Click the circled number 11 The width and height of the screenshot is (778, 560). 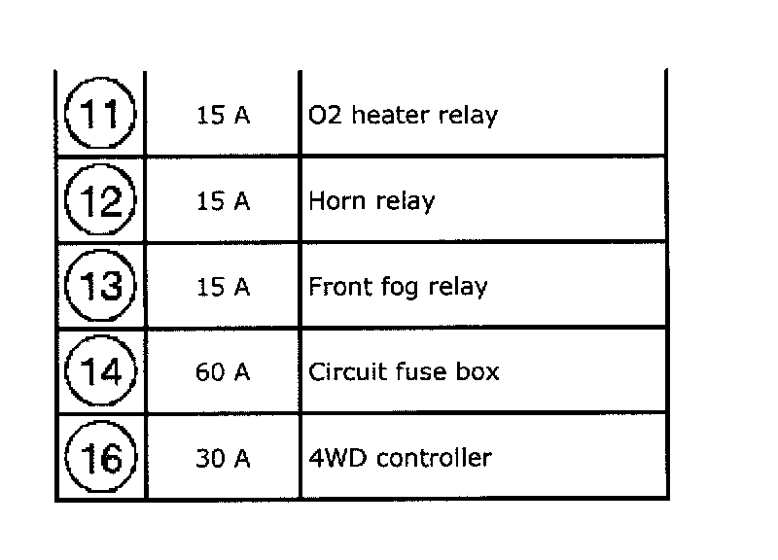(x=102, y=115)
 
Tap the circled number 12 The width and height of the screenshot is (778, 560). (x=102, y=201)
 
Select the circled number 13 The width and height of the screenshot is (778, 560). (x=102, y=287)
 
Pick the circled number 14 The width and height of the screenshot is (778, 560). (x=102, y=372)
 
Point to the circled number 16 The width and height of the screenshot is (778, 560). (x=102, y=457)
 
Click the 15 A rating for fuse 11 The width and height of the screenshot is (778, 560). (x=223, y=116)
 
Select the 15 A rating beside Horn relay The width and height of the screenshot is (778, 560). (x=223, y=201)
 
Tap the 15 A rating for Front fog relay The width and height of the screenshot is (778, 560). (x=223, y=287)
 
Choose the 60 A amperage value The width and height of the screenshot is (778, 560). (x=223, y=372)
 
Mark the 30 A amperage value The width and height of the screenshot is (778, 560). (x=223, y=458)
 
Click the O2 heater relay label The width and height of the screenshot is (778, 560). (x=403, y=116)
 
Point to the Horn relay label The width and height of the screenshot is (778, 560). (x=371, y=201)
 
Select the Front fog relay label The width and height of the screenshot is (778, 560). (x=398, y=288)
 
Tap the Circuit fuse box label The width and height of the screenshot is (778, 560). (x=404, y=372)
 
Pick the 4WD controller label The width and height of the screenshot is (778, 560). (x=400, y=458)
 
